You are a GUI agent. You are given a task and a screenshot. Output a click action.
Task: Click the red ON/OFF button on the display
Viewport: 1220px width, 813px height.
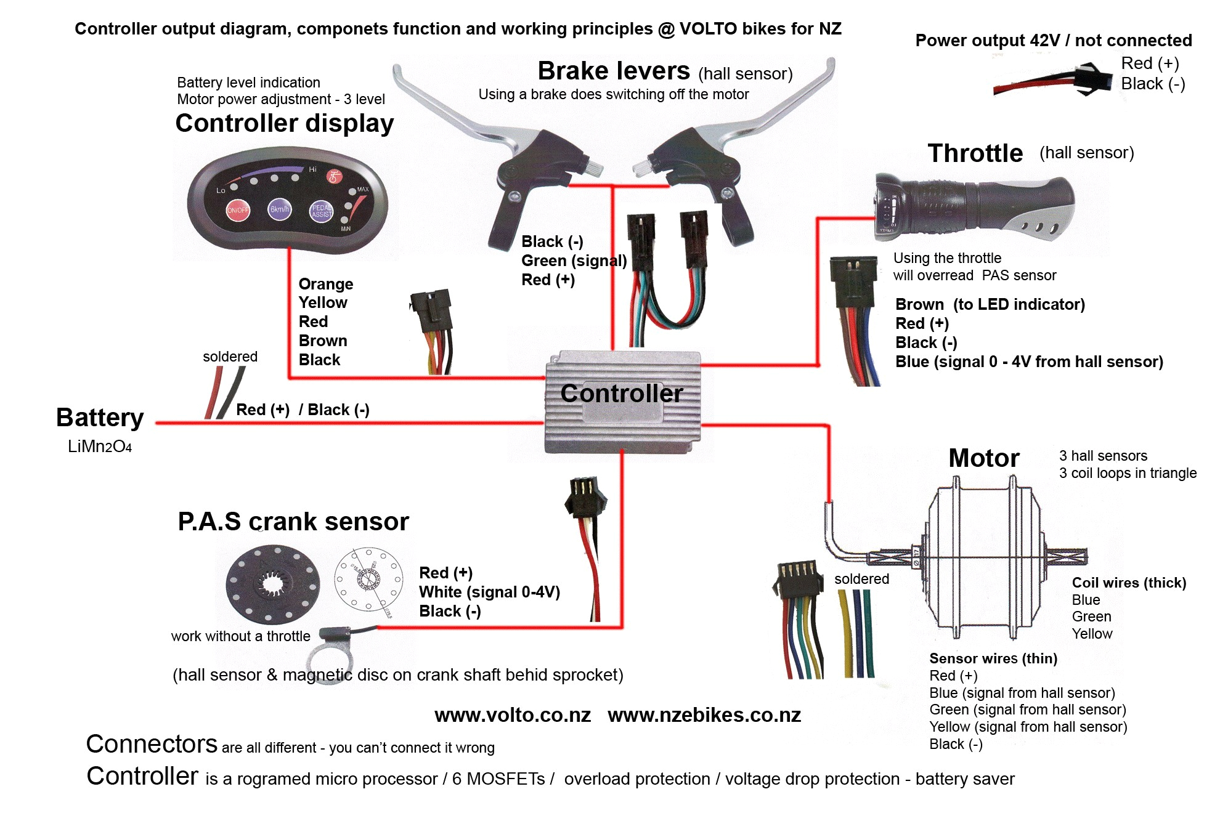[238, 210]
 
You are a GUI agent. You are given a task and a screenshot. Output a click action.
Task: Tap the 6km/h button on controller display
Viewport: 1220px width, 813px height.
[280, 209]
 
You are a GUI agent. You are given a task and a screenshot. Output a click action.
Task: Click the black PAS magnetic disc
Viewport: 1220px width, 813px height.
[273, 583]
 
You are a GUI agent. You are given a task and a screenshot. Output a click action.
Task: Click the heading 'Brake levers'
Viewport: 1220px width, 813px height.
[614, 71]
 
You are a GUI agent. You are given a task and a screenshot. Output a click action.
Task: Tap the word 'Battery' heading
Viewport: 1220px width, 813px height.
[100, 418]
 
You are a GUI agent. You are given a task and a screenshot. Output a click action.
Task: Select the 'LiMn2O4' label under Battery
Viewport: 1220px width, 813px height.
[100, 447]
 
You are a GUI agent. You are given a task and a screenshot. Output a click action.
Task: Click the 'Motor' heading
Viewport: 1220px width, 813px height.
[984, 458]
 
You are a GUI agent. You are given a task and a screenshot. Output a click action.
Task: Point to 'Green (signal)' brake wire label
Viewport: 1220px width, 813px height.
[574, 261]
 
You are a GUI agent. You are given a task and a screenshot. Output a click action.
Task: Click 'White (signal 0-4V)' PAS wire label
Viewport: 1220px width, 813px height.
[489, 592]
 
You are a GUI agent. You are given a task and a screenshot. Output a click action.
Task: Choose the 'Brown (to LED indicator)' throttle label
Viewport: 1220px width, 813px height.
[990, 304]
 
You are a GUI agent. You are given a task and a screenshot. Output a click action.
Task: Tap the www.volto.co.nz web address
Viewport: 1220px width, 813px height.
[513, 715]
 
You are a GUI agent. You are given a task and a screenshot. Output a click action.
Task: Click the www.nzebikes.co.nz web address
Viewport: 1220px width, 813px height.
[704, 715]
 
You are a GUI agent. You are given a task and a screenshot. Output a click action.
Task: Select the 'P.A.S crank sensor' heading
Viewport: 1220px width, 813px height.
[293, 522]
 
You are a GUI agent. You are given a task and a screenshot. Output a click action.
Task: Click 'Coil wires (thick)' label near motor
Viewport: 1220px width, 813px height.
[1129, 583]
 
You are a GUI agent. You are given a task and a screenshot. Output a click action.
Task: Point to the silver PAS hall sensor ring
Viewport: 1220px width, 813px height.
[327, 659]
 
